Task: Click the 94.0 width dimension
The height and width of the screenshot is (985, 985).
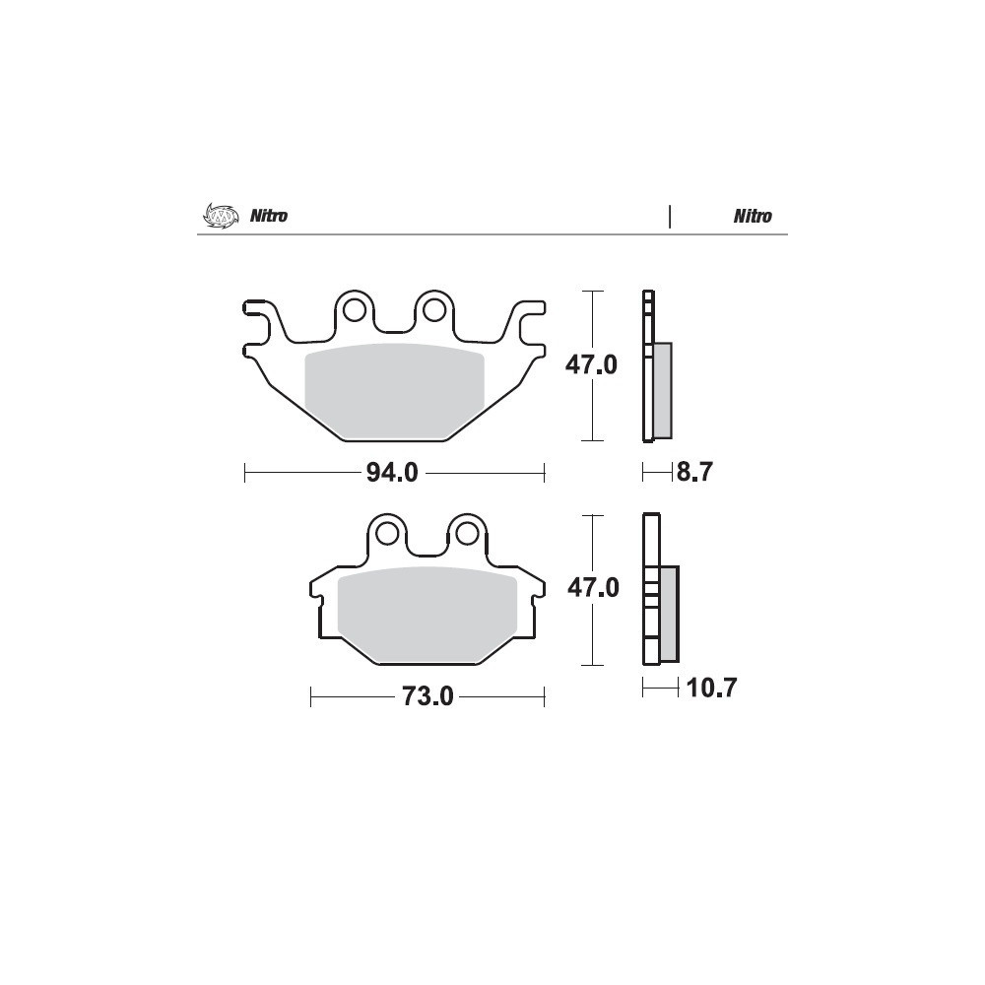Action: coord(392,473)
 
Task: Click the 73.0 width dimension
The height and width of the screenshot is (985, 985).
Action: coord(427,696)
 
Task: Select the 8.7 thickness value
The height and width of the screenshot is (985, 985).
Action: coord(694,471)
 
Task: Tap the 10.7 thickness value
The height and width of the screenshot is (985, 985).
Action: coord(711,688)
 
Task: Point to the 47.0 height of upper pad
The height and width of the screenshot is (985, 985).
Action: coord(591,364)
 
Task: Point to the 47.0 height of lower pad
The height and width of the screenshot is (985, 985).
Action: coord(593,587)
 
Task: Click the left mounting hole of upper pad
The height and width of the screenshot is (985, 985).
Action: coord(355,309)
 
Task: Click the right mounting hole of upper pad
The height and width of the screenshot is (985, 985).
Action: coord(434,309)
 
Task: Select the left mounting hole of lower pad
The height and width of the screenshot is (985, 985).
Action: coord(387,533)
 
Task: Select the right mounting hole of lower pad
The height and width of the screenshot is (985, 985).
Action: coord(467,533)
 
